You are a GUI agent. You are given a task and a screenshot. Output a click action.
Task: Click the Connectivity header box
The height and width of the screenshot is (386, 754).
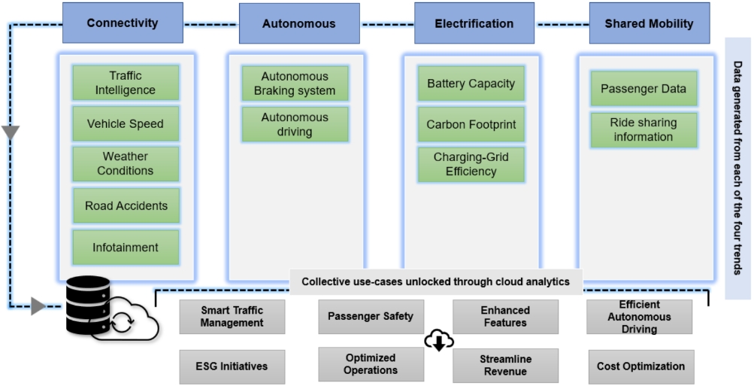(x=123, y=23)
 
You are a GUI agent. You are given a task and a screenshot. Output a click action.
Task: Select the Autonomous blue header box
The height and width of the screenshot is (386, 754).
(x=299, y=23)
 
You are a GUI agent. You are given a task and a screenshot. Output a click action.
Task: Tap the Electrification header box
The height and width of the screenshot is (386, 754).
(x=474, y=23)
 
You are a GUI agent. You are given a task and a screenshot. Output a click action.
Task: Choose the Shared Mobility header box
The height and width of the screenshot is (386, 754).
(x=649, y=23)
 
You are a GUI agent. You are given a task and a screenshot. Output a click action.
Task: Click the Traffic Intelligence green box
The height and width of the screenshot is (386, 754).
(x=126, y=83)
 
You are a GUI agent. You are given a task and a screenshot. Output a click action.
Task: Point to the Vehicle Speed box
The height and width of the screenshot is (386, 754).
(x=126, y=124)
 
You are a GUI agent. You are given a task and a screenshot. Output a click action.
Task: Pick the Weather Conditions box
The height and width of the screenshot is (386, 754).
(x=126, y=164)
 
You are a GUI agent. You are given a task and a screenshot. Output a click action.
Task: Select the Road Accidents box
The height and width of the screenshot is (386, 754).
(x=126, y=205)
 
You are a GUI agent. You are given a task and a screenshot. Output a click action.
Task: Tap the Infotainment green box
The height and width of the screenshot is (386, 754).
(x=126, y=248)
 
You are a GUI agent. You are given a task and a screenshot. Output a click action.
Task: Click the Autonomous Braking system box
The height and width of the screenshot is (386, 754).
(x=295, y=84)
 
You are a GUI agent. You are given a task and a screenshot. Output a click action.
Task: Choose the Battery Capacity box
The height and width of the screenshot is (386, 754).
(x=471, y=84)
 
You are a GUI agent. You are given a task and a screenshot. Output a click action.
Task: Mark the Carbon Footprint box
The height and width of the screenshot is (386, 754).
(x=471, y=124)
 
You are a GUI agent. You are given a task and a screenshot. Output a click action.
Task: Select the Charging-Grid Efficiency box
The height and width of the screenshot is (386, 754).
(x=471, y=165)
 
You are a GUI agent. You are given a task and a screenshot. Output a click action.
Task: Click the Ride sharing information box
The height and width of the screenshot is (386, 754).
(x=643, y=129)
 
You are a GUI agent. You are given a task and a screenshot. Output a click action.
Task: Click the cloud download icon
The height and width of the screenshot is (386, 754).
(x=438, y=341)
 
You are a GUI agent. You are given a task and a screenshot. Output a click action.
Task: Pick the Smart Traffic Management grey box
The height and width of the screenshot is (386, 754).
(x=232, y=317)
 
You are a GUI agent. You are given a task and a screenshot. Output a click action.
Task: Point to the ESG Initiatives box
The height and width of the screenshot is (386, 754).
(x=232, y=366)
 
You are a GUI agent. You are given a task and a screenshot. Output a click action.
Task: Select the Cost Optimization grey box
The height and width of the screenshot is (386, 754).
(x=641, y=366)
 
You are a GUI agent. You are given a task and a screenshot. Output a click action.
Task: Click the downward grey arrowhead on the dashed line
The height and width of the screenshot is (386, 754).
(x=10, y=133)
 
